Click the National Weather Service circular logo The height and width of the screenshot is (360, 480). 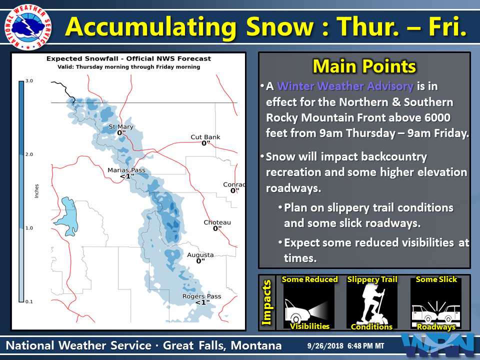28,27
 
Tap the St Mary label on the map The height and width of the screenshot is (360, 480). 121,126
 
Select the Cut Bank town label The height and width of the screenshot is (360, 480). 205,137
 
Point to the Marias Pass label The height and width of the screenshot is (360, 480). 126,170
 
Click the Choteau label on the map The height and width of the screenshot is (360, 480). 217,222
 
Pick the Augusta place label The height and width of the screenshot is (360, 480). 200,254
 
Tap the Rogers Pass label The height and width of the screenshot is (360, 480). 201,296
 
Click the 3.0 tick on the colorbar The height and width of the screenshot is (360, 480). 29,81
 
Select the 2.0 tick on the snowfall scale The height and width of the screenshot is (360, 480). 29,154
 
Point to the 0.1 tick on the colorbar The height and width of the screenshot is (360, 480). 29,301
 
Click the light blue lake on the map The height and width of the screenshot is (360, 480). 67,216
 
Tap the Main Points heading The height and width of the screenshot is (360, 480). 364,66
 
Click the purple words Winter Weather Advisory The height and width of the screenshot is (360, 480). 345,86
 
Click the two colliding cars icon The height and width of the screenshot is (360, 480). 436,311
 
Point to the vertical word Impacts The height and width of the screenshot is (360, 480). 266,302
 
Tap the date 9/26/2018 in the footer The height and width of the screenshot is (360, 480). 325,346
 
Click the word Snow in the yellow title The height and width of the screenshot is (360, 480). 280,27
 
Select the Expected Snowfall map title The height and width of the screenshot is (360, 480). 128,59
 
